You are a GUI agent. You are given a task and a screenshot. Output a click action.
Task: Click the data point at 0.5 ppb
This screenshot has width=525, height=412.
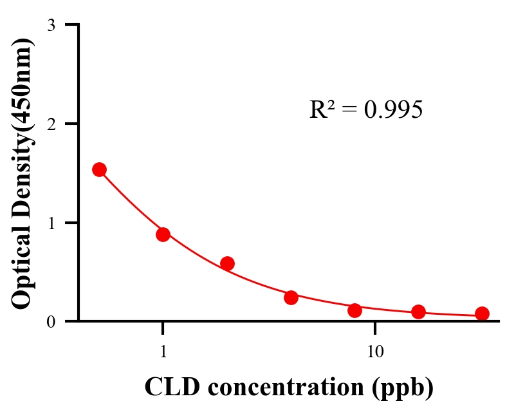click(x=99, y=169)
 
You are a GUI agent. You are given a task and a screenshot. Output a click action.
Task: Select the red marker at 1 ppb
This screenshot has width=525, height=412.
click(x=163, y=234)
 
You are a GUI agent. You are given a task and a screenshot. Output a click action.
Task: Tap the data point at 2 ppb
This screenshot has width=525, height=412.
click(x=227, y=263)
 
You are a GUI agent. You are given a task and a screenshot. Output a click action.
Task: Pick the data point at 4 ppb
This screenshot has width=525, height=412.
click(x=291, y=297)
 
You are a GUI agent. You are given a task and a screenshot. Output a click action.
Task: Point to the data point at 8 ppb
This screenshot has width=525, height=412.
click(x=355, y=310)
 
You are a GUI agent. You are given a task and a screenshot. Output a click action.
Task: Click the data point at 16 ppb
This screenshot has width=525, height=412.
click(x=418, y=312)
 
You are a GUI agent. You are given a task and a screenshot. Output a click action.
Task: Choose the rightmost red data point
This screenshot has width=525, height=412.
click(x=482, y=314)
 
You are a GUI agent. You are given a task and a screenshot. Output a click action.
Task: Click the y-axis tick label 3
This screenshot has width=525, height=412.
click(x=51, y=25)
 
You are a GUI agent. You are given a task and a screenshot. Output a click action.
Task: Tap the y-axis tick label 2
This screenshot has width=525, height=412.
click(x=51, y=124)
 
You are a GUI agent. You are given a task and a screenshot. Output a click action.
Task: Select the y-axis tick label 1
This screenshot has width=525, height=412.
click(x=51, y=223)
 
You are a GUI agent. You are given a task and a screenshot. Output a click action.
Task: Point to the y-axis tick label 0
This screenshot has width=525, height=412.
click(x=51, y=321)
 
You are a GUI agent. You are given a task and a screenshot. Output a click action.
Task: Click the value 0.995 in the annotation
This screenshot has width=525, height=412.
click(x=392, y=110)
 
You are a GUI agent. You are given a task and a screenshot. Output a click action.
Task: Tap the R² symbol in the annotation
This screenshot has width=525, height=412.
click(x=322, y=110)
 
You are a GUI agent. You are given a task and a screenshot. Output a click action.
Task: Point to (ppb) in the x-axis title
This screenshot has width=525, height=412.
click(x=405, y=388)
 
